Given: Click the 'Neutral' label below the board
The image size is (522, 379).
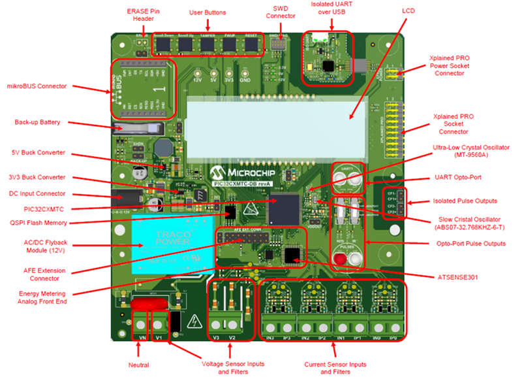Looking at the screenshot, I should coord(139,365).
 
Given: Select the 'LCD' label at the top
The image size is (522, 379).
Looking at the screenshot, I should coord(408,11).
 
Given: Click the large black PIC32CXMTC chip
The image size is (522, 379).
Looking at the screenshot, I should coord(283,204).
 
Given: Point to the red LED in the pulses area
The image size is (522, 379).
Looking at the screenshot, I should coord(339,260).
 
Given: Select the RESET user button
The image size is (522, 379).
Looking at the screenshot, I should coord(252,44).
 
